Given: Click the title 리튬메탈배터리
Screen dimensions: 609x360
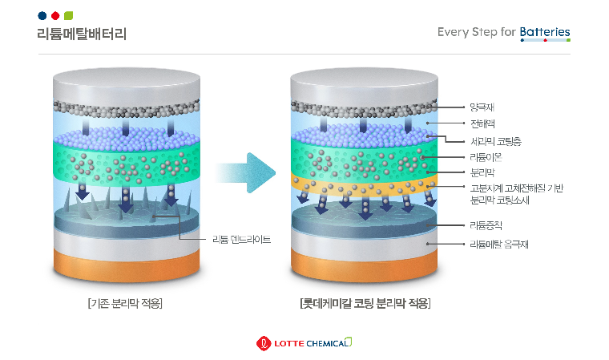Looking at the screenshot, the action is coord(82,34).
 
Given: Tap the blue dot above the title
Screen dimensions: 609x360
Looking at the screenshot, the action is coord(42,15).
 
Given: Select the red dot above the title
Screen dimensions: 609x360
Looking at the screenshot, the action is coord(55,15).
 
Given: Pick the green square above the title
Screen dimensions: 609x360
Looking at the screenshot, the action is coord(68,15).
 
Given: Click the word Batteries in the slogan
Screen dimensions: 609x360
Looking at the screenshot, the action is coord(545,32).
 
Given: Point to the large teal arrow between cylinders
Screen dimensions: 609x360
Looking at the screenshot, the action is coord(246,173).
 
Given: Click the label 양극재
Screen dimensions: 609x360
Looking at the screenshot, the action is coord(482,107).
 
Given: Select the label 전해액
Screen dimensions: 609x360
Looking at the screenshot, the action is coord(482,123).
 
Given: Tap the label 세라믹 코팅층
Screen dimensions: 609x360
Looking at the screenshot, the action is coord(495,141).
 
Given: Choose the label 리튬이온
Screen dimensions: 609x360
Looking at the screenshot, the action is coord(486,157).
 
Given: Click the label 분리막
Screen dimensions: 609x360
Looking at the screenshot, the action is coord(482,172).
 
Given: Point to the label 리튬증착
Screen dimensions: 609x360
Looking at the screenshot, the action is coord(486,225).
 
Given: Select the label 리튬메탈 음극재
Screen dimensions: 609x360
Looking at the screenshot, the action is coord(499,245).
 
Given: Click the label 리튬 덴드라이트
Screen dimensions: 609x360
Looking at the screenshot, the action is coord(241,239).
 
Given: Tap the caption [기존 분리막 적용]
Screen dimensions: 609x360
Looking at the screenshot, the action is coord(125,303).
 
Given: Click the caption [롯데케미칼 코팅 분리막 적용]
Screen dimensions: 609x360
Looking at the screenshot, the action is coord(365,303).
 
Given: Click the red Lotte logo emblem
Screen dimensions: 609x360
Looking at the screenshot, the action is coord(264,343).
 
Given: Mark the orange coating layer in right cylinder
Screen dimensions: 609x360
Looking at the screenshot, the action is coord(365,186).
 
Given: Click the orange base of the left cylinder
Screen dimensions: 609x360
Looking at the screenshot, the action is coord(127,265).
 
